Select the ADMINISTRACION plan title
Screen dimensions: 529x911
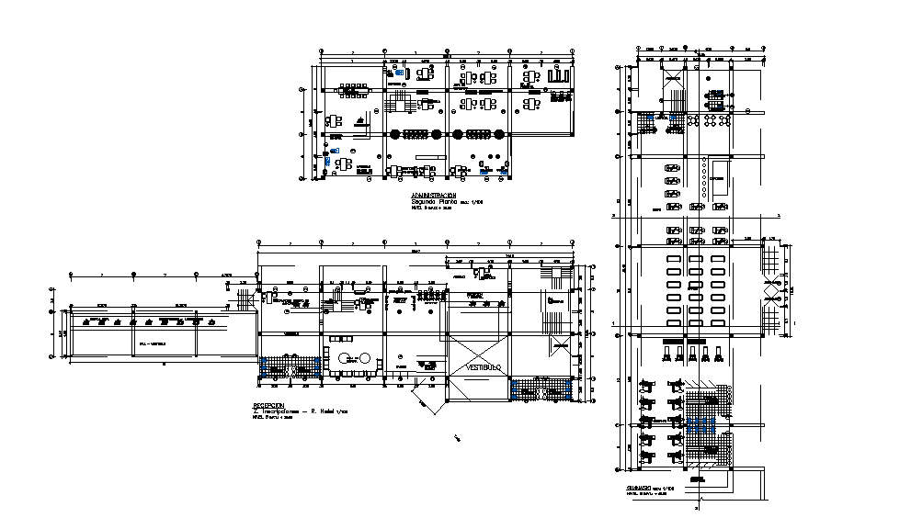433,196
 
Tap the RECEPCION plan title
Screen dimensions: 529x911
268,405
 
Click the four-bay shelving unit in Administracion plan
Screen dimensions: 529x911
558,76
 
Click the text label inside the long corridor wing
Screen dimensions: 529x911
153,343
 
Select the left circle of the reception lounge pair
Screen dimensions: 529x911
344,358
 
